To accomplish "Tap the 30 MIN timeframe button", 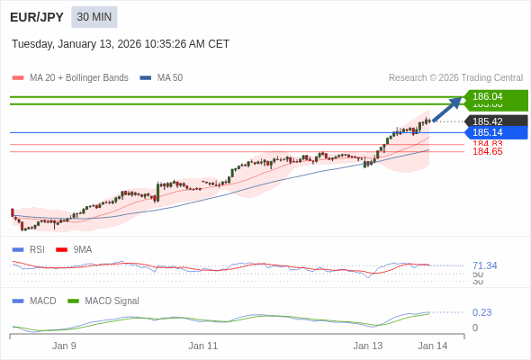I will tap(94, 17).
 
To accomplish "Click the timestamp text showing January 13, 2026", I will tap(121, 43).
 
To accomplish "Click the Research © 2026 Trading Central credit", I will tap(455, 77).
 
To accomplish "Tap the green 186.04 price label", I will tap(494, 96).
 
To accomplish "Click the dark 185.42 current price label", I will tap(494, 121).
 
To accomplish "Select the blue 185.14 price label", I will tap(494, 133).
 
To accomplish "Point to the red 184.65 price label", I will tap(487, 152).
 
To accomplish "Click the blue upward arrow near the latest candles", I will tap(447, 108).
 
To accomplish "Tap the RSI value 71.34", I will tap(484, 265).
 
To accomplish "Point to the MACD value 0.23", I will tap(481, 312).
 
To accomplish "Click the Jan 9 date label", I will tap(64, 346).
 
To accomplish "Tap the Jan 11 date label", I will tap(203, 346).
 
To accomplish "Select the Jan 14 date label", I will tap(432, 346).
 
